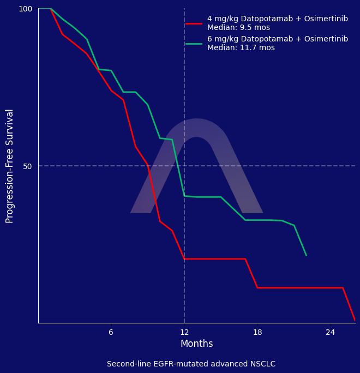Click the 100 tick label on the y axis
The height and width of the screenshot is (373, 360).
pyautogui.click(x=26, y=9)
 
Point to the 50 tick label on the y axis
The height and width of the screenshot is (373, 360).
pyautogui.click(x=28, y=166)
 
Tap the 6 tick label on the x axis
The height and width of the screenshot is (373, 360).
pyautogui.click(x=111, y=332)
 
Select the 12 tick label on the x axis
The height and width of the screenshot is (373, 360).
pyautogui.click(x=184, y=332)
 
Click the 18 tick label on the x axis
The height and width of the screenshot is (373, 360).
pyautogui.click(x=257, y=332)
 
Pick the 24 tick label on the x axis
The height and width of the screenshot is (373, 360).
pyautogui.click(x=331, y=332)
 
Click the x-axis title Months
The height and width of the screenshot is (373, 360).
pyautogui.click(x=196, y=344)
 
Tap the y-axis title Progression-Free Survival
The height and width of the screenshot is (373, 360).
pyautogui.click(x=10, y=166)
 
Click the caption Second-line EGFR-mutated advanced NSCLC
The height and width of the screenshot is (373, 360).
pyautogui.click(x=191, y=364)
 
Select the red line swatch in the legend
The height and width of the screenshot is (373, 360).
pyautogui.click(x=194, y=23)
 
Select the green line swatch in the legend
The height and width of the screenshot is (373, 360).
pyautogui.click(x=194, y=44)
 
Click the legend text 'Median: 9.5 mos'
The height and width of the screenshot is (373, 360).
pyautogui.click(x=238, y=28)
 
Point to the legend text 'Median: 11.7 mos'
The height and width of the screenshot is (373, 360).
pyautogui.click(x=241, y=48)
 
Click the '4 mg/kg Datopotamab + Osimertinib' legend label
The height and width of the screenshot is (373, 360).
pyautogui.click(x=277, y=19)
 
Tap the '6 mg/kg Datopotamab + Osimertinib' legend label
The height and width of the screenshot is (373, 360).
pyautogui.click(x=277, y=39)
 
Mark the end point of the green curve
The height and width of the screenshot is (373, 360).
pyautogui.click(x=306, y=255)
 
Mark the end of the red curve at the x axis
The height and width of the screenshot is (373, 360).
pyautogui.click(x=355, y=321)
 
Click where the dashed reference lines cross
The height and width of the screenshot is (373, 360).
pyautogui.click(x=184, y=166)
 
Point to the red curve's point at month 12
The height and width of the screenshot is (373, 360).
pyautogui.click(x=184, y=258)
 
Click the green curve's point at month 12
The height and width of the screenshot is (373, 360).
pyautogui.click(x=184, y=196)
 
